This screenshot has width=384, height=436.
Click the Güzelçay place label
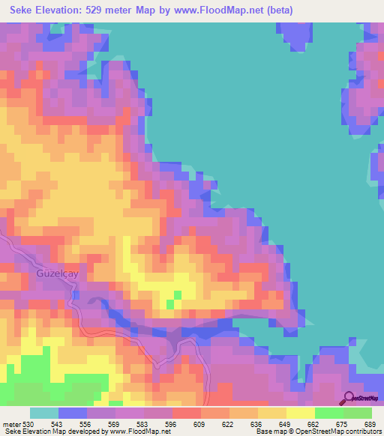pos(55,274)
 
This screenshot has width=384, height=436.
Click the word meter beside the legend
pos(11,425)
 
